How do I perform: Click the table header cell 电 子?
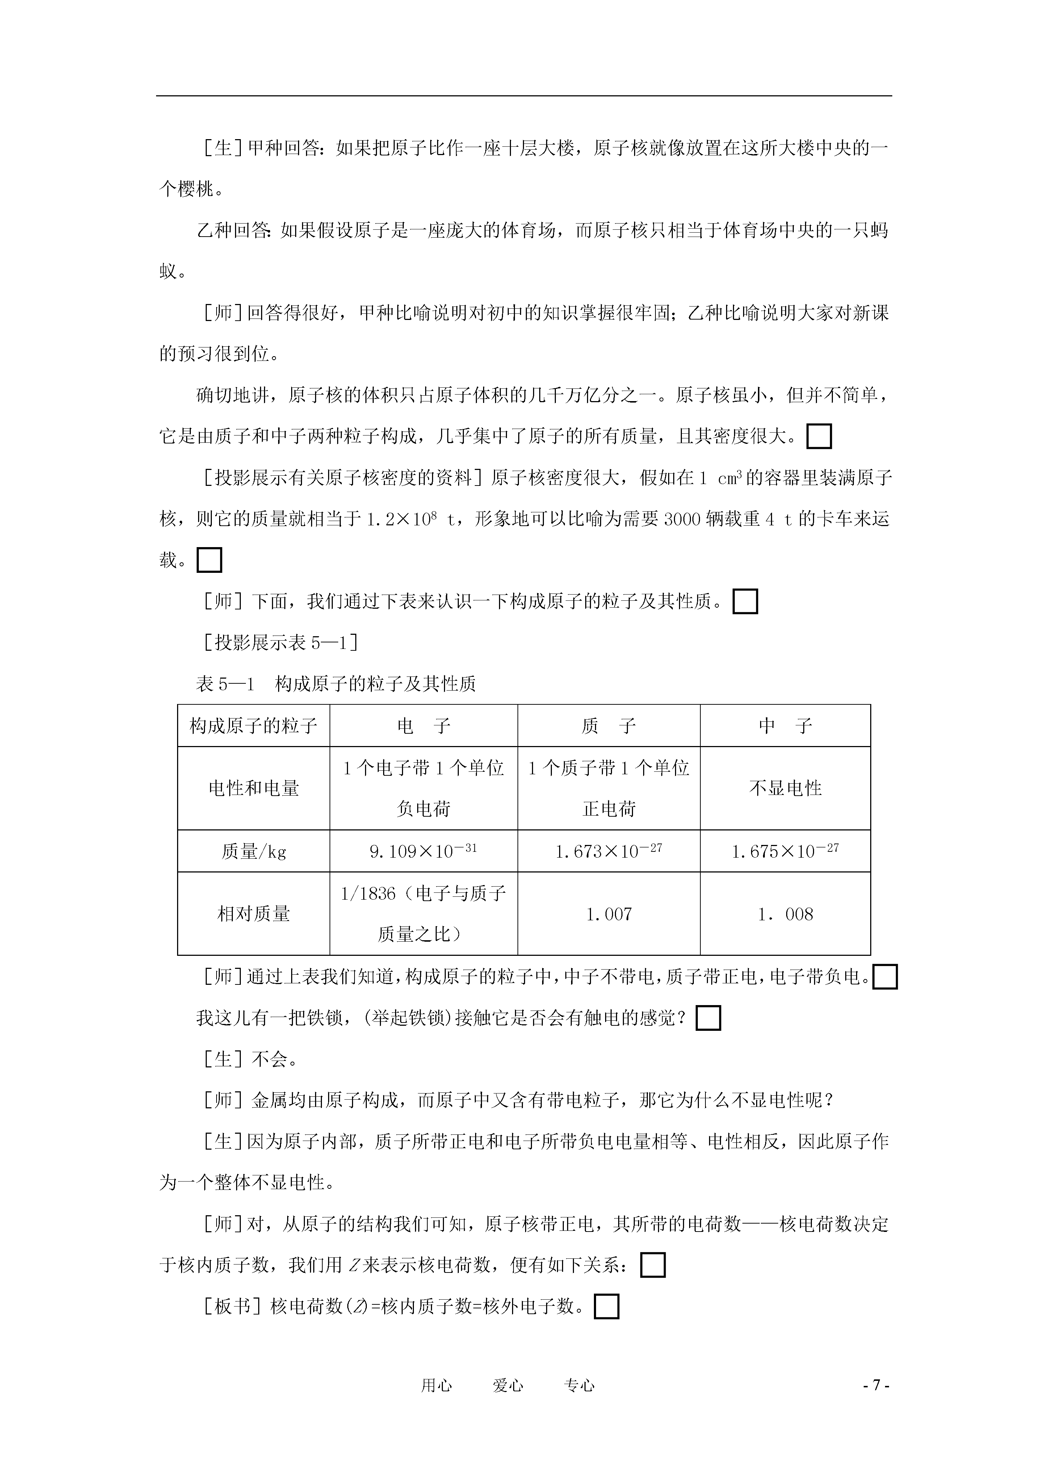click(424, 726)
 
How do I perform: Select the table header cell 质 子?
click(609, 726)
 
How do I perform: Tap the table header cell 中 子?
click(785, 726)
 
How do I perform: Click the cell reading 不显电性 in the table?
click(785, 788)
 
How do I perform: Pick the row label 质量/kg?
click(254, 851)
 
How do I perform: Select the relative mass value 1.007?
click(609, 914)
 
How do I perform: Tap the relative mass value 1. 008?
click(785, 914)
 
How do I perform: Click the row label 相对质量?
click(254, 914)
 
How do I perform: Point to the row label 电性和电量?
click(254, 788)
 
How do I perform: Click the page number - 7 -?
click(877, 1385)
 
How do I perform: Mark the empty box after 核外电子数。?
click(606, 1306)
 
